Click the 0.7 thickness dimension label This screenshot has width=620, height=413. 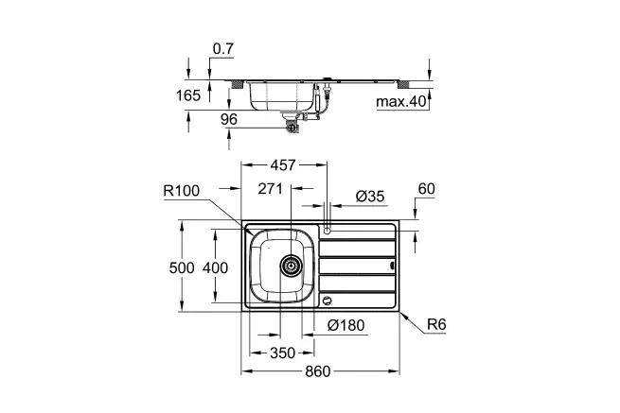coord(223,48)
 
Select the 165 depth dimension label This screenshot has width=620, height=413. coord(188,95)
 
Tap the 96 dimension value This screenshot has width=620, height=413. coord(229,119)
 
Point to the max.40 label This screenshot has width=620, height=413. coord(400,101)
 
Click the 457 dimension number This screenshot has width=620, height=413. coord(283,165)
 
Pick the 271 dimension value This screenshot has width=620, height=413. coord(271,189)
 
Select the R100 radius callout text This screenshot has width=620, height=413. coord(182,191)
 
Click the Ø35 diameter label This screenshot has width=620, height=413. coord(370,196)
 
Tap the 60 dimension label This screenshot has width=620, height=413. coord(427,189)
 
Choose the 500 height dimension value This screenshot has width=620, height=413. coord(182,267)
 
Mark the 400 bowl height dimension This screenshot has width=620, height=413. coord(215,267)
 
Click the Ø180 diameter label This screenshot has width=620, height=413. coord(346,325)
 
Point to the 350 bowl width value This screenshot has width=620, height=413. coord(283,353)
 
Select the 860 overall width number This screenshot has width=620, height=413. coord(317,371)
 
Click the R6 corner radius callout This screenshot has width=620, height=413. coord(436,324)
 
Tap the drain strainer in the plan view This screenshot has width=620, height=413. coord(291,266)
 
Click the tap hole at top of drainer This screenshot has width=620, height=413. coord(327,231)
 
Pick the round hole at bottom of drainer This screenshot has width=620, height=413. coord(327,301)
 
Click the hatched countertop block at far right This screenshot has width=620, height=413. coord(403,84)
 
